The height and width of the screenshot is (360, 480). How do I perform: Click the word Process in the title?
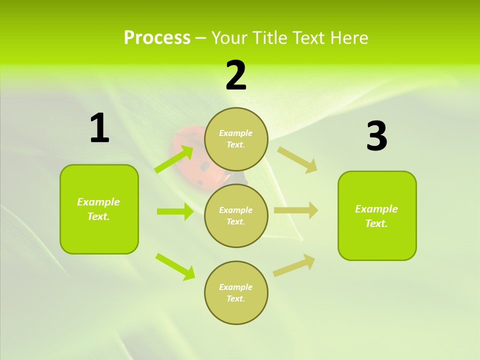click(157, 38)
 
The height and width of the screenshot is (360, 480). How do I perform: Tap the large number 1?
click(99, 128)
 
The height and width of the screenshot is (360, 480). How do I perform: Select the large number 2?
click(236, 75)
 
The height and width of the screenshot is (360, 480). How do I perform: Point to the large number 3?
click(376, 136)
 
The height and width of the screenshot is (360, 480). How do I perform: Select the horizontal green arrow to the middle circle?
click(175, 211)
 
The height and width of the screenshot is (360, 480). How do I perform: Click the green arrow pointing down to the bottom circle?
click(175, 266)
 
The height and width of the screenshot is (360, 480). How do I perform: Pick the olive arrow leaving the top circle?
click(297, 159)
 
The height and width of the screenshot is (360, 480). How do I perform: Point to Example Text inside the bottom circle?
click(236, 293)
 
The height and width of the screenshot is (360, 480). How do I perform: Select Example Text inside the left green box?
click(98, 209)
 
